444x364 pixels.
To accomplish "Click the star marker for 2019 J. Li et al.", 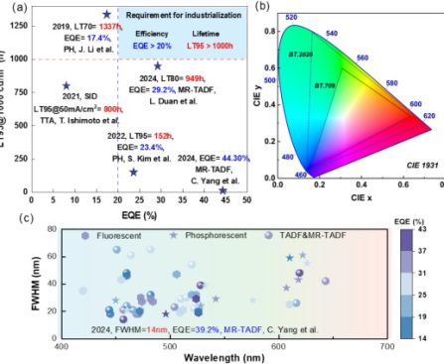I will [x=106, y=15].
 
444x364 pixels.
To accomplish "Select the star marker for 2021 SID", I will [x=67, y=86].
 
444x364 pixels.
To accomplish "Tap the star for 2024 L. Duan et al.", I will [x=157, y=66].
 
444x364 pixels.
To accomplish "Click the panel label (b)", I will [x=263, y=7].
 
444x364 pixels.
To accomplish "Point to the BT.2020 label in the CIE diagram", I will [x=303, y=54].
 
